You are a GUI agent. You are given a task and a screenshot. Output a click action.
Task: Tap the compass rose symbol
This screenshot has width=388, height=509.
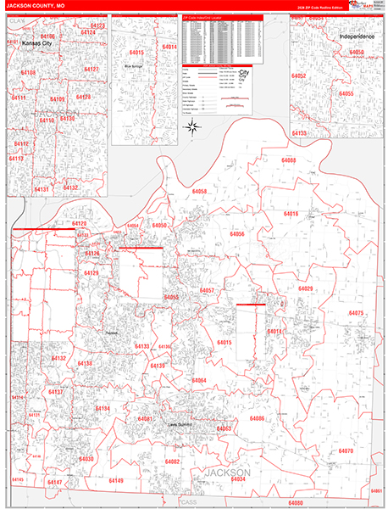click(x=192, y=128)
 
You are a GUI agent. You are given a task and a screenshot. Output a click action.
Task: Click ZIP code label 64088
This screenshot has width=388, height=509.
click(x=291, y=160)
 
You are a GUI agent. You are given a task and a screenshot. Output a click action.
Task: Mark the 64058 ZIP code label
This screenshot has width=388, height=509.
click(x=199, y=193)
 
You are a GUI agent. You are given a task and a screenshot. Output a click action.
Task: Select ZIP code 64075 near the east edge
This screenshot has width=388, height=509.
click(x=355, y=314)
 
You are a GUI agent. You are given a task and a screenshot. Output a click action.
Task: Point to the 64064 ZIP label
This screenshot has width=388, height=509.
click(x=199, y=381)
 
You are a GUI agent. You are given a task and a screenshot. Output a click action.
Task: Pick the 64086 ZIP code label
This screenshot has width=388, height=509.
click(x=258, y=418)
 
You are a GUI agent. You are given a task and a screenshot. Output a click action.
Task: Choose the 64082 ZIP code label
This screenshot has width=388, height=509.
click(x=173, y=461)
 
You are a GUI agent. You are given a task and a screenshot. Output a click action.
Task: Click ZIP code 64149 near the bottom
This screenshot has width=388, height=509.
click(x=115, y=481)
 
